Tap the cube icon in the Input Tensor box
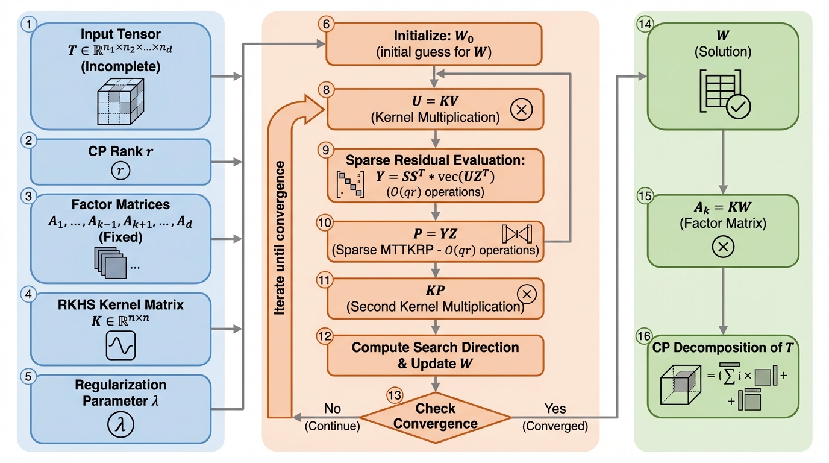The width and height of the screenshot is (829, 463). coord(120,99)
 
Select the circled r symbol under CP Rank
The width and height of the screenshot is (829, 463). coord(120,171)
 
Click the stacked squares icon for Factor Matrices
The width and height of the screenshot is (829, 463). coord(111,262)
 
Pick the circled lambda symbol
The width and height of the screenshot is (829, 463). coord(120,424)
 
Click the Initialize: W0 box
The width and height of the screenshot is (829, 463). coord(434,44)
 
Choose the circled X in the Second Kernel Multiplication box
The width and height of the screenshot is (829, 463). coord(527,294)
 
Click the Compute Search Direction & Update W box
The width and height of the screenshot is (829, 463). coord(435,356)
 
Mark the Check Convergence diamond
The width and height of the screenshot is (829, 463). coord(435,416)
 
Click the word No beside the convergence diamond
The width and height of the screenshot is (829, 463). coord(332,409)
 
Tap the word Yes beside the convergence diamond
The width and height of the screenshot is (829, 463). coord(554,409)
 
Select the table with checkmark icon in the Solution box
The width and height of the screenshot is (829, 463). coord(724,93)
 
